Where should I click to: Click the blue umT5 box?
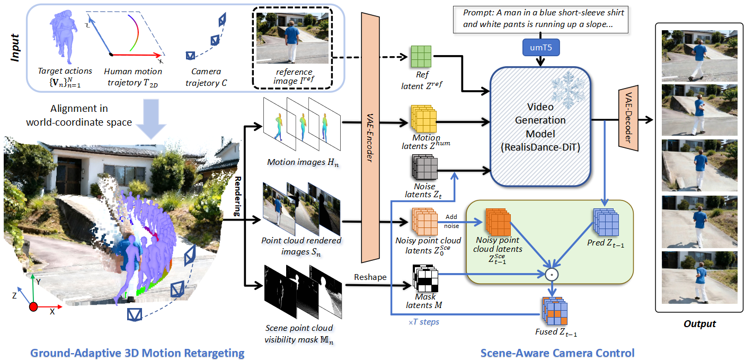pyautogui.click(x=541, y=48)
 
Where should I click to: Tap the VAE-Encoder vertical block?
pyautogui.click(x=370, y=137)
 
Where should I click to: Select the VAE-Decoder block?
pyautogui.click(x=628, y=118)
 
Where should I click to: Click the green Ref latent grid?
pyautogui.click(x=421, y=57)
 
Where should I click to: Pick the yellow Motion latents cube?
pyautogui.click(x=424, y=119)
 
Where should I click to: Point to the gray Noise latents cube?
pyautogui.click(x=425, y=168)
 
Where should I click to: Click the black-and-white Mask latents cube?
pyautogui.click(x=425, y=278)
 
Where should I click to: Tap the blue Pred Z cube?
pyautogui.click(x=606, y=222)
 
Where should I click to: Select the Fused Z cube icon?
pyautogui.click(x=555, y=311)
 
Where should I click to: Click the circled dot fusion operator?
pyautogui.click(x=552, y=275)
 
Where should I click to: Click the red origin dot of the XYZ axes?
pyautogui.click(x=33, y=306)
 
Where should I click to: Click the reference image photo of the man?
pyautogui.click(x=292, y=38)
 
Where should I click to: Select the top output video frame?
pyautogui.click(x=699, y=56)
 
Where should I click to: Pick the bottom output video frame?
pyautogui.click(x=699, y=277)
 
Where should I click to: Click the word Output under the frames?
pyautogui.click(x=699, y=324)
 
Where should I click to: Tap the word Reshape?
pyautogui.click(x=370, y=277)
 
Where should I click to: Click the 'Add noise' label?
pyautogui.click(x=451, y=221)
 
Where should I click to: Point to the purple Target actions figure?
pyautogui.click(x=63, y=36)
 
